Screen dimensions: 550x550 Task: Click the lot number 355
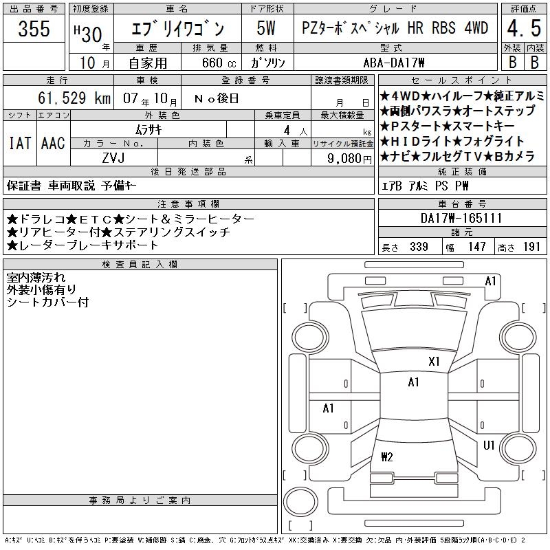34,29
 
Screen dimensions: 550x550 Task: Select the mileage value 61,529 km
74,98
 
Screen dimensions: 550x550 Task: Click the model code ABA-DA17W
394,63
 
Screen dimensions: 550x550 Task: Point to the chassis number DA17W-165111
461,218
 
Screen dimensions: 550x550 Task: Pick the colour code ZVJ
113,158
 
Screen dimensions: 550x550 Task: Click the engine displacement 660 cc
219,63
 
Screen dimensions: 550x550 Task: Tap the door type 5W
266,28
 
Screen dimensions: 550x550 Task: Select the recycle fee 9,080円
349,158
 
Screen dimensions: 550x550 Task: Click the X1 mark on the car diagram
434,362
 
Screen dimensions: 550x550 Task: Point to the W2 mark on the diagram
386,456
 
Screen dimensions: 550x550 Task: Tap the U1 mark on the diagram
489,445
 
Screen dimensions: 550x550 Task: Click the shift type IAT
20,143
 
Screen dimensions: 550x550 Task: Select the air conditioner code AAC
53,143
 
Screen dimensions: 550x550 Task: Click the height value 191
531,247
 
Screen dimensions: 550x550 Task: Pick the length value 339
419,247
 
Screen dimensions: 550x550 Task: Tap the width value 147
476,247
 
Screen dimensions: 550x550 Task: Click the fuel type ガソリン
267,63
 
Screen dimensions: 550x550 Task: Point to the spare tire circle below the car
300,502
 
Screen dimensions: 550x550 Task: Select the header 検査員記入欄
140,264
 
